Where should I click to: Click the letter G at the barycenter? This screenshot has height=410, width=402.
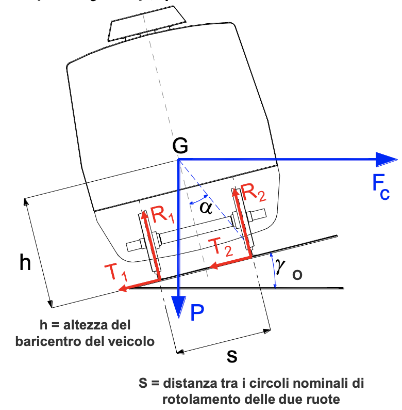(x=180, y=147)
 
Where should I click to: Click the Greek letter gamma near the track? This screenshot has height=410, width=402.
(x=280, y=265)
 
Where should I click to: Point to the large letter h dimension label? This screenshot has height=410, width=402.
(x=25, y=262)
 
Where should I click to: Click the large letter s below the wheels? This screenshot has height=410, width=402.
(x=232, y=356)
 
